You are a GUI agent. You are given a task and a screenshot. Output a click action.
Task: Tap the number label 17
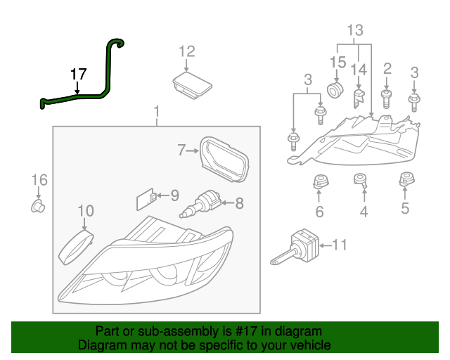click(x=78, y=73)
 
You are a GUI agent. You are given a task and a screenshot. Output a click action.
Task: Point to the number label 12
click(x=186, y=51)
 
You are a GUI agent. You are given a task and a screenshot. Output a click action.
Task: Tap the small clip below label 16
click(x=39, y=206)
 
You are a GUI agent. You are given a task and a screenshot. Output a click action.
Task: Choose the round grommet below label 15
click(x=335, y=91)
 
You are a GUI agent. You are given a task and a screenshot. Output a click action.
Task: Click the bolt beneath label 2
click(x=386, y=96)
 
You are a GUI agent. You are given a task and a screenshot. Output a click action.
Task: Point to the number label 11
click(x=340, y=245)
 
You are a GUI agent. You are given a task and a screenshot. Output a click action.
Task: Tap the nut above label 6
click(x=319, y=181)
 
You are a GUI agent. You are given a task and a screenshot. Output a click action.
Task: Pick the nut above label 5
click(x=406, y=180)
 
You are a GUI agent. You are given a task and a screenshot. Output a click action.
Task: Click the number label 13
click(x=355, y=30)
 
